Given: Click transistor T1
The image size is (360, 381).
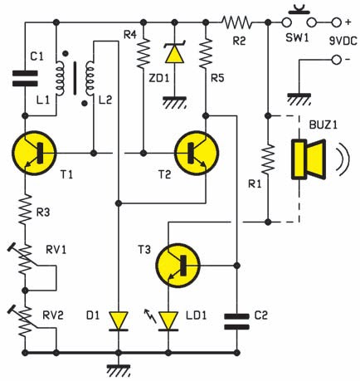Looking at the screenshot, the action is (x=34, y=153).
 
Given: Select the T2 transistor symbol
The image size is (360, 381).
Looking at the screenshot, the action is (x=197, y=153).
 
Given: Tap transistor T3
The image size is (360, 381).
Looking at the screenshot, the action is (x=178, y=266).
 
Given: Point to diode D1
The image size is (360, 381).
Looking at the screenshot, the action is (x=119, y=321).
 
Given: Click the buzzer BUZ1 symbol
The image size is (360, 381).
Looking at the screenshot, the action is (x=309, y=159).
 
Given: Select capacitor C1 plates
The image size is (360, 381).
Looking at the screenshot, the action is (x=25, y=79).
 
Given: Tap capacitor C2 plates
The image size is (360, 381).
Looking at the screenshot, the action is (x=236, y=321).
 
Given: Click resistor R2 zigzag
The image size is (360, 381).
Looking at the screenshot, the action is (x=236, y=22).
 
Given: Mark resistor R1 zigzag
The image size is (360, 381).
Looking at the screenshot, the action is (x=268, y=159).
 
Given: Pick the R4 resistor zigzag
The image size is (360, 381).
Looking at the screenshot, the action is (x=144, y=53).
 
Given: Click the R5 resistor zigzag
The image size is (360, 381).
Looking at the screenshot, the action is (x=206, y=53).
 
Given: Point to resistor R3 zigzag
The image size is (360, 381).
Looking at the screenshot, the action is (x=25, y=209).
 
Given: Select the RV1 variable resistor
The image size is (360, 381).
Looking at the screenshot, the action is (x=25, y=260).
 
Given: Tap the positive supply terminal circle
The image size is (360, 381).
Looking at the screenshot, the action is (x=336, y=22).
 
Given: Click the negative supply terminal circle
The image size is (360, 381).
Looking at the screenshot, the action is (x=336, y=60).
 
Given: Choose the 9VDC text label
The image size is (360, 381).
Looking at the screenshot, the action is (x=343, y=41).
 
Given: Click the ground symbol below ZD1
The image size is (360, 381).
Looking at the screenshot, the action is (x=174, y=102).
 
